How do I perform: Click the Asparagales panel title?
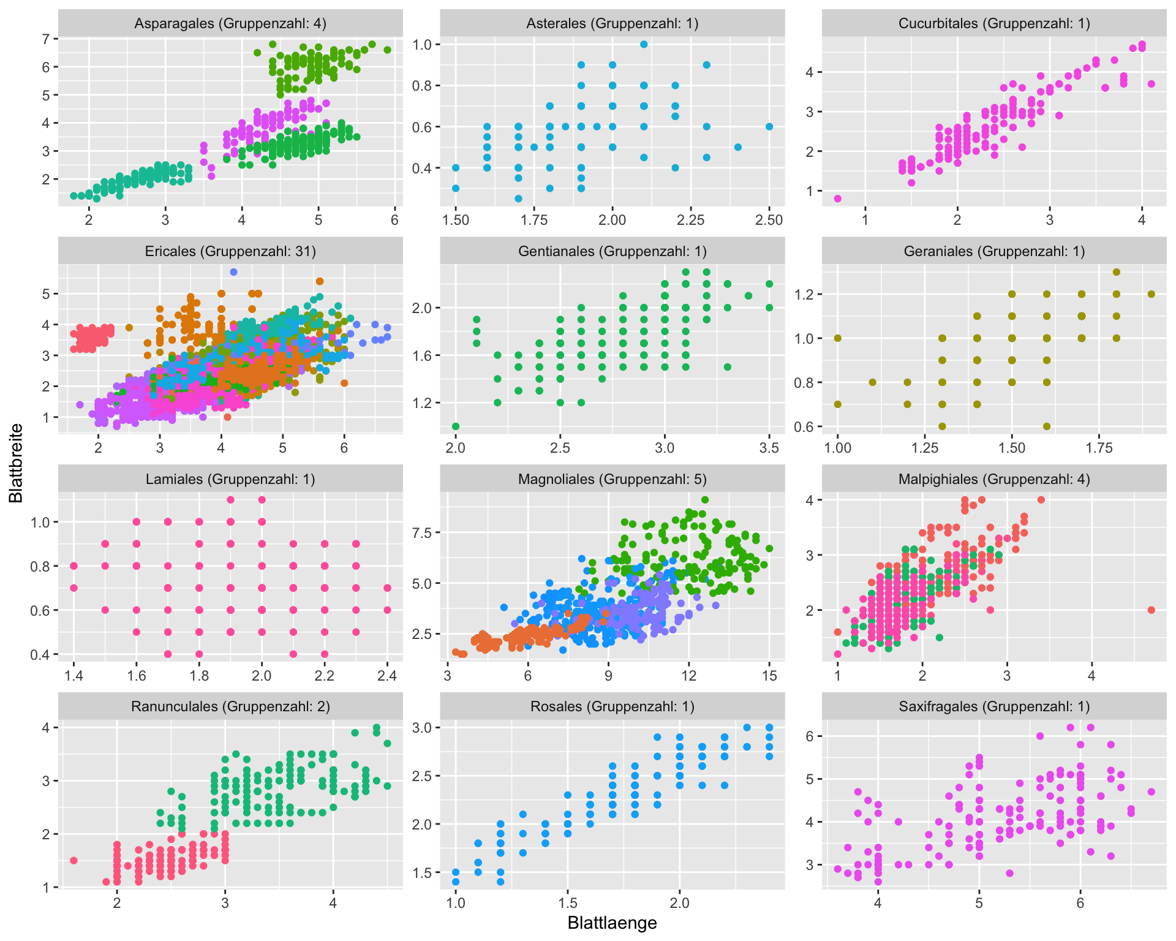click(230, 23)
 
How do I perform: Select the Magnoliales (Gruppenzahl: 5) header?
click(612, 479)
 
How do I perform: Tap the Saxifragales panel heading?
click(994, 706)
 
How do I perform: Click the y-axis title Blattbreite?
click(16, 463)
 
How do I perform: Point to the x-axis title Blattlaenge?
click(612, 923)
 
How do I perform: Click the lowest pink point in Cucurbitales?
click(837, 198)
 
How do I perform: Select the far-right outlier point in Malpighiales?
click(1151, 610)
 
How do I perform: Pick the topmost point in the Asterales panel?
click(644, 44)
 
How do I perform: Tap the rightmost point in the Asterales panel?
click(769, 127)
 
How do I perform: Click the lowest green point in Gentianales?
click(456, 426)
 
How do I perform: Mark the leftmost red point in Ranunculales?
click(73, 860)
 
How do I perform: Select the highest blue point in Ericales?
click(233, 272)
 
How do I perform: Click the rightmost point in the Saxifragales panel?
click(1151, 792)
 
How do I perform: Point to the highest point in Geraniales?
click(1117, 272)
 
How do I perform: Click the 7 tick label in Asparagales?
click(46, 39)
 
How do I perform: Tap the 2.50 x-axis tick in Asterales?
click(769, 221)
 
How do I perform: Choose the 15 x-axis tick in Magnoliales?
click(769, 676)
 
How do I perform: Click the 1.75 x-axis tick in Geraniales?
click(1099, 448)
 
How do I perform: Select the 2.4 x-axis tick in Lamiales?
click(387, 676)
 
